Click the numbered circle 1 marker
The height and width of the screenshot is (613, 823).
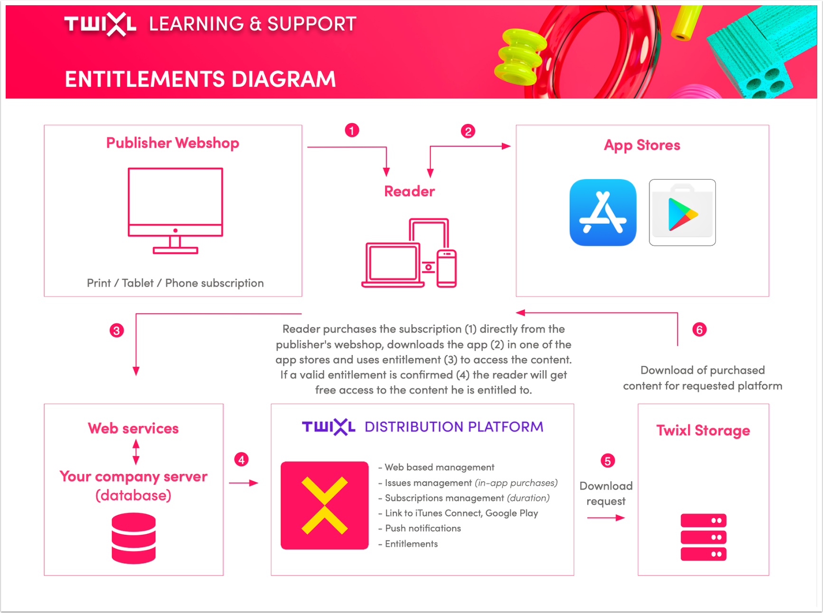tap(352, 130)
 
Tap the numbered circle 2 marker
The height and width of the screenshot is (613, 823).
tap(468, 131)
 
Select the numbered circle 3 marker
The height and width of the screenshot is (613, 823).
tap(117, 330)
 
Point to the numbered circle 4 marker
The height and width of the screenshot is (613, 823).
tap(242, 459)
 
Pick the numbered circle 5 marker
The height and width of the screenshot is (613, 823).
tap(608, 461)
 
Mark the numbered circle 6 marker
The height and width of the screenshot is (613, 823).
tap(699, 329)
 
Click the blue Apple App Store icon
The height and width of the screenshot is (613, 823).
tap(603, 213)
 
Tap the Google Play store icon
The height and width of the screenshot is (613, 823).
tap(683, 213)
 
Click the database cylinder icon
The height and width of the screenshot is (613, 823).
tap(134, 538)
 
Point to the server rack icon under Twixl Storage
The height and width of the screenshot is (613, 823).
tap(703, 537)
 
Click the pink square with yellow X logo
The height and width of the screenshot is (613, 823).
tap(325, 505)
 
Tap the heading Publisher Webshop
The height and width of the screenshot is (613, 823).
tap(173, 143)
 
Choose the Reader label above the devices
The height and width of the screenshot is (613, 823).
tap(410, 191)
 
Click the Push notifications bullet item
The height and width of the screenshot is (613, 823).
tap(420, 528)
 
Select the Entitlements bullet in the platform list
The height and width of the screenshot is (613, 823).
tap(408, 544)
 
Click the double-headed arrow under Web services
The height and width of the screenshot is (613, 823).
tap(136, 452)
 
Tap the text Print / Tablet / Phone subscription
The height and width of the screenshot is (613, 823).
tap(175, 283)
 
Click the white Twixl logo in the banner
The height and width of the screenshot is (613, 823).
tap(101, 24)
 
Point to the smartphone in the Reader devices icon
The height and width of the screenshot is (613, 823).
tap(447, 268)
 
